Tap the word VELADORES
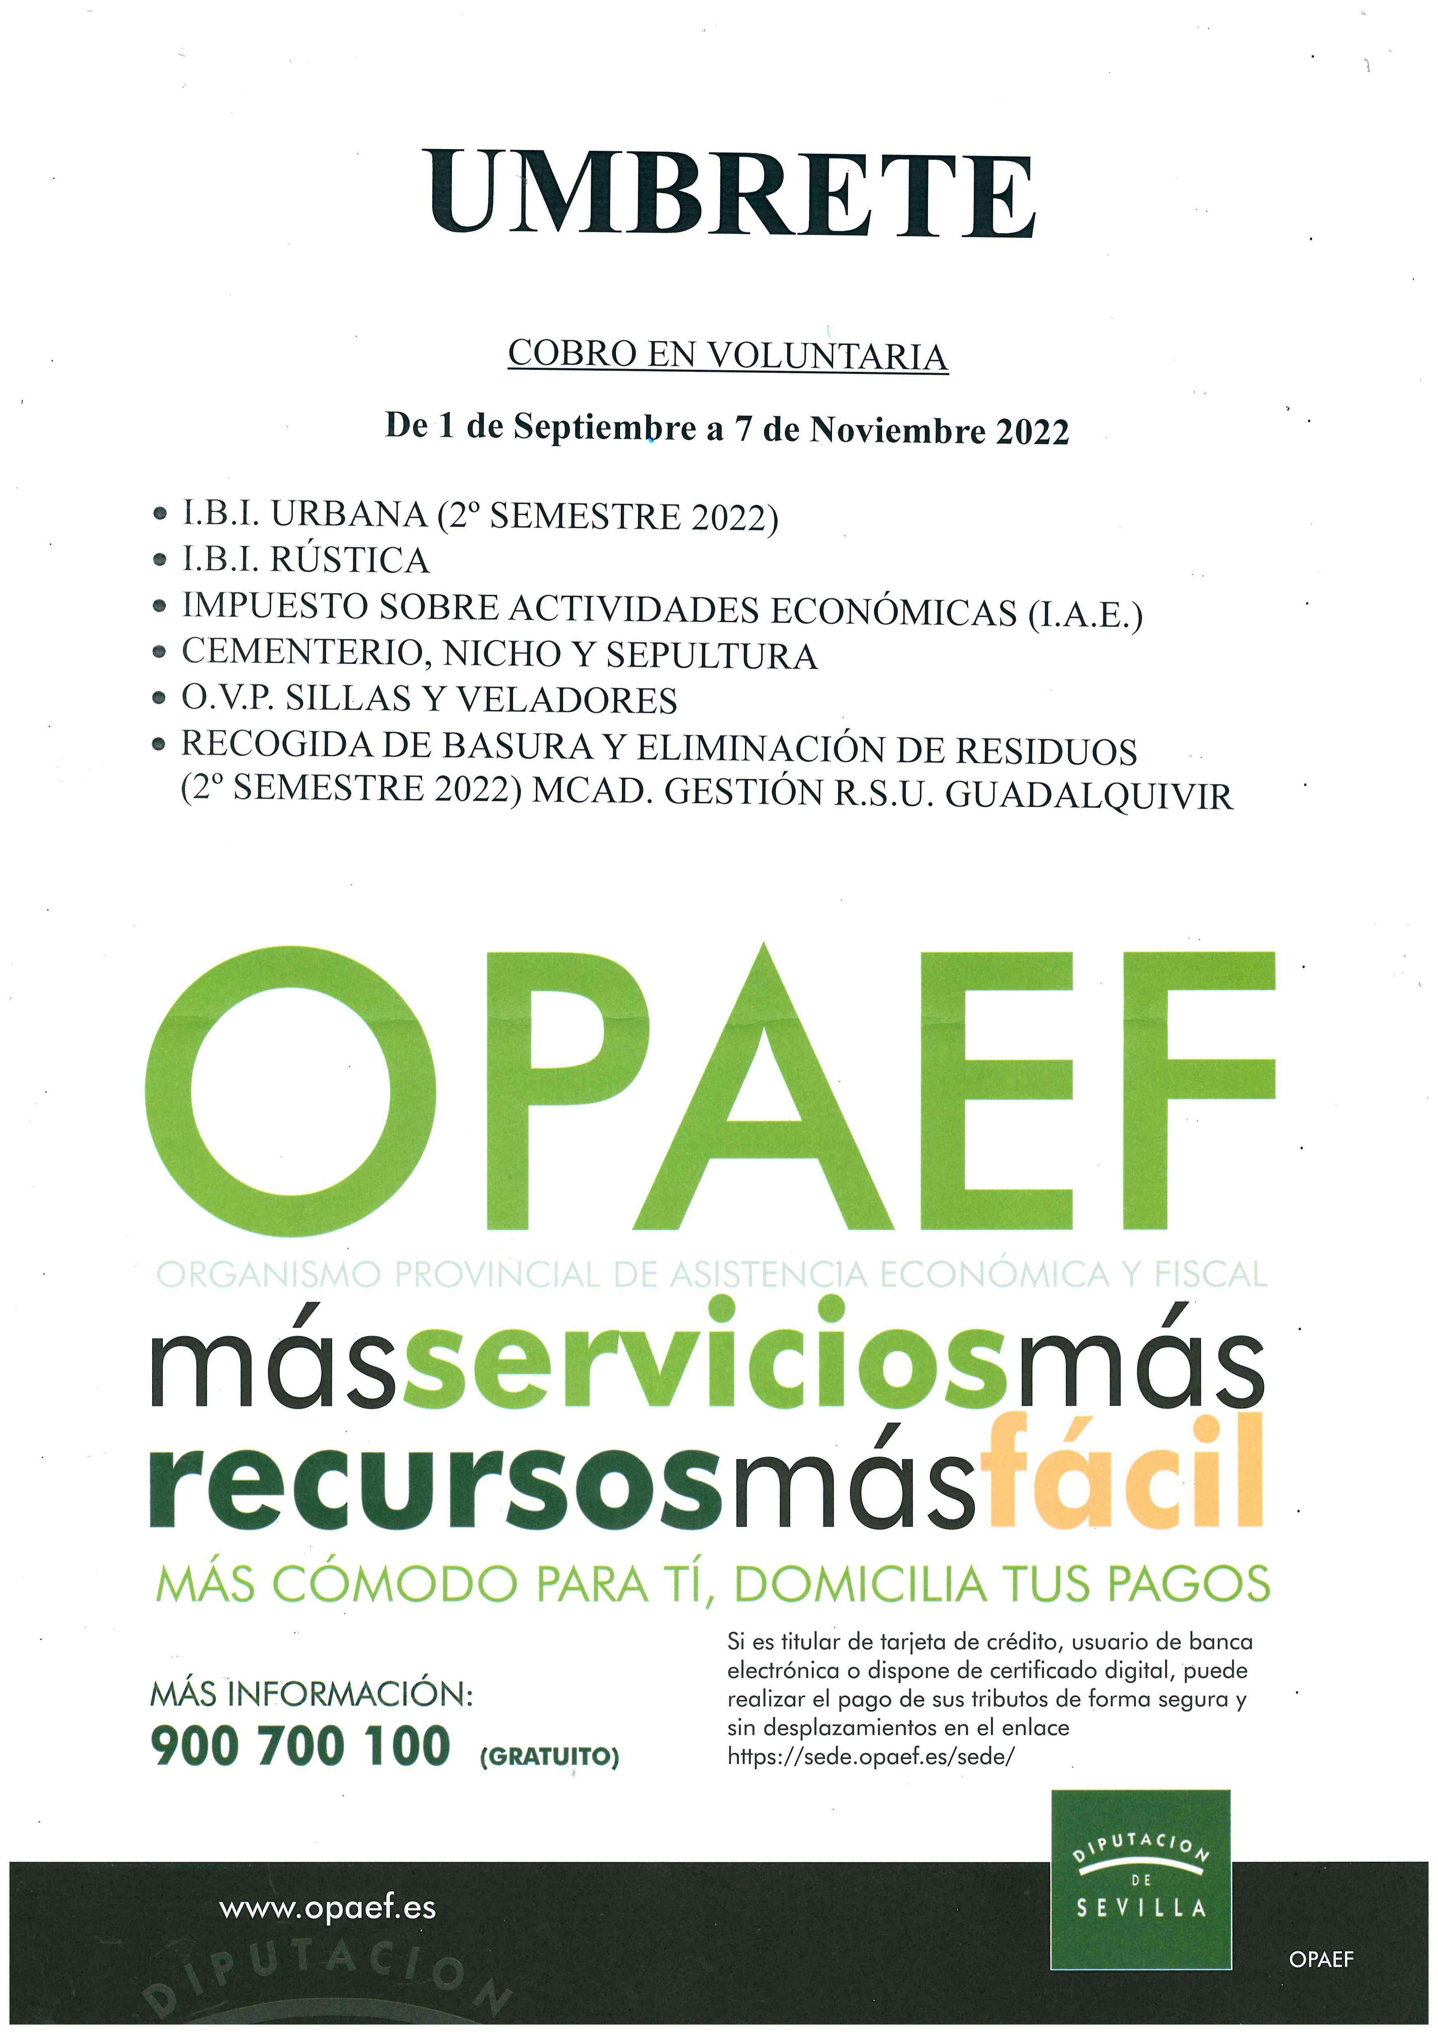click(567, 700)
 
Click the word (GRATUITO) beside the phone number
click(549, 1756)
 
